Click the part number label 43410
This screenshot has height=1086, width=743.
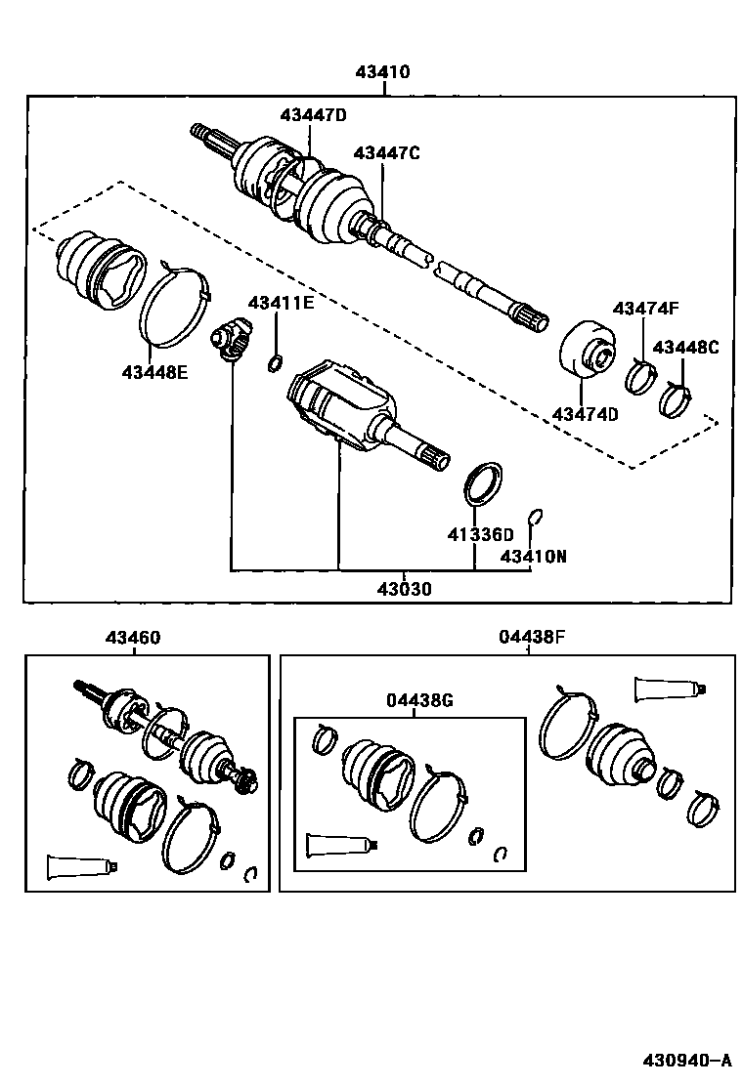(382, 72)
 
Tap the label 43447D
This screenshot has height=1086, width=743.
(313, 115)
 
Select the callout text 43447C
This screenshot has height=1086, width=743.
(386, 153)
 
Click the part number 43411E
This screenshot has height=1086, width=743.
(281, 303)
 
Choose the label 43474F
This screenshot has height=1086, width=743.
(645, 309)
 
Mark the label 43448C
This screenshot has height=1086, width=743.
(685, 348)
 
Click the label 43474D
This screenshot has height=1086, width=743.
(586, 414)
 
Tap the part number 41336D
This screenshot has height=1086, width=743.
(480, 534)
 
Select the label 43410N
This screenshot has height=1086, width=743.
(534, 557)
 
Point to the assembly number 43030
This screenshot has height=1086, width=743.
(406, 590)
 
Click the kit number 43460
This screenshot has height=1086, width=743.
(134, 638)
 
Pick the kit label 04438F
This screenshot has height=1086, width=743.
(531, 638)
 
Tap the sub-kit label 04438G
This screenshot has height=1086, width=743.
(419, 701)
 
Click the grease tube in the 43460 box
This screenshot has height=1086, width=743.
(82, 863)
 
